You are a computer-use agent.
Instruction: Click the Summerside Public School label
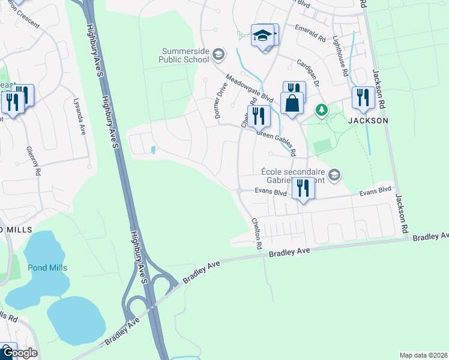coord(184,55)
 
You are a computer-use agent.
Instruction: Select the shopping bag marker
coord(292,103)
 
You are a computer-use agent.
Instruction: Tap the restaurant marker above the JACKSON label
coord(363,97)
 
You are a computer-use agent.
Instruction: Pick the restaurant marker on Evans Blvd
coord(303,189)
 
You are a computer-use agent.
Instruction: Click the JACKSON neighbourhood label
coord(367,121)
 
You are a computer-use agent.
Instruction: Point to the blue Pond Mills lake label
coord(47,268)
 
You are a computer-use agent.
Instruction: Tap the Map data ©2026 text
coord(423,355)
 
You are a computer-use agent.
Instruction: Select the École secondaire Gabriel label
coord(295,175)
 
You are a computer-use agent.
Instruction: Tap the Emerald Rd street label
coord(310,33)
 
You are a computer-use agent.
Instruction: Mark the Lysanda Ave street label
coord(79,116)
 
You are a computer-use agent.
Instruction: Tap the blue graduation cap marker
coord(263,35)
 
